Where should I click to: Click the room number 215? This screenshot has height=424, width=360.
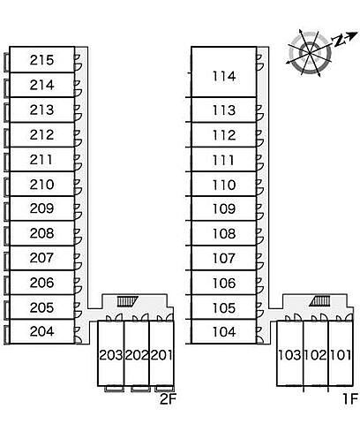tap(41, 60)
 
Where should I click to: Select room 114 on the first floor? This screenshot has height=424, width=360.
tap(224, 76)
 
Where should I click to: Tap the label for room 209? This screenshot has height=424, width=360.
tap(41, 208)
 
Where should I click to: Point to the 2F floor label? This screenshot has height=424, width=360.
tap(168, 399)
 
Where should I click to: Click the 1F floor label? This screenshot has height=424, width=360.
tap(350, 399)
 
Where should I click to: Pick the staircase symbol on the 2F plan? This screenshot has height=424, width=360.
tap(128, 301)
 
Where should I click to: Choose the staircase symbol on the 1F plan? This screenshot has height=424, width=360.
tap(319, 301)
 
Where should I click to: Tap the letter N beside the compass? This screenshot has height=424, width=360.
tap(338, 41)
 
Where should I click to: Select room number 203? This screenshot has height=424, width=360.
tap(111, 355)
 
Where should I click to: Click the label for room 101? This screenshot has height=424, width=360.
tap(341, 355)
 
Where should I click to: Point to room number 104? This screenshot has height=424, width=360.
tap(224, 332)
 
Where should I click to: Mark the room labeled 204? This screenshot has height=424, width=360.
tap(41, 331)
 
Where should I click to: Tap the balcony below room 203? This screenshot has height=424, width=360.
tap(115, 389)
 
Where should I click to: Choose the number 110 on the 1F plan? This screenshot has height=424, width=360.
tap(224, 185)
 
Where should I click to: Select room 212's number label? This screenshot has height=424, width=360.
tap(41, 135)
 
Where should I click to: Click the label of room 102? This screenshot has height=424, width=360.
tap(315, 355)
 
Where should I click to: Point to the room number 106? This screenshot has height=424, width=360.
tap(224, 284)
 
